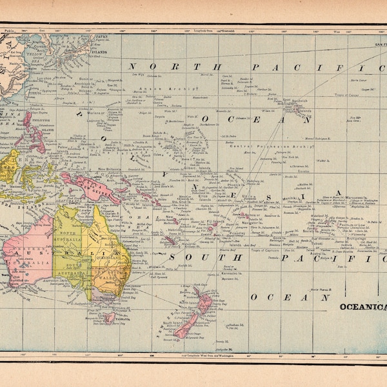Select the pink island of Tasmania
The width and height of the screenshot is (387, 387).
(110, 318)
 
